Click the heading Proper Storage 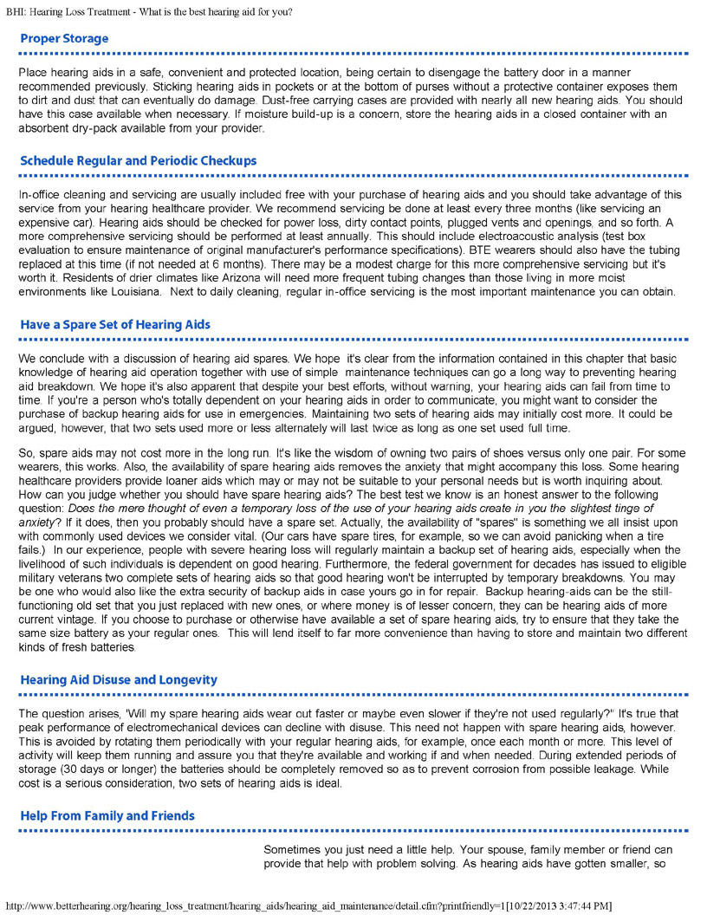(64, 39)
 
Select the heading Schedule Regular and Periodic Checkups (138, 161)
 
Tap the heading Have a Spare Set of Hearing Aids (115, 325)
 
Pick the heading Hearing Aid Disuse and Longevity (119, 680)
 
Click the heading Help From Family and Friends (107, 816)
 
